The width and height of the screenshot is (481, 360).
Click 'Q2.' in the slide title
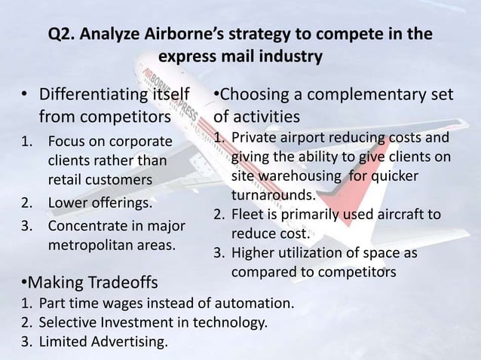coord(62,35)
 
